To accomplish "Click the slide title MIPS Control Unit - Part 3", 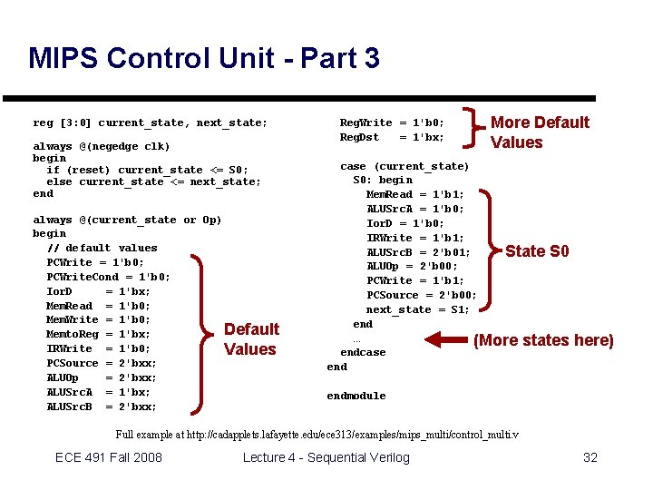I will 204,59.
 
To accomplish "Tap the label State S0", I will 537,251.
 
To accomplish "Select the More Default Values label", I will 540,132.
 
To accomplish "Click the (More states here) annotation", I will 543,340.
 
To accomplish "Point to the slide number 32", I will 590,457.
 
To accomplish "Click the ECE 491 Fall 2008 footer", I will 109,457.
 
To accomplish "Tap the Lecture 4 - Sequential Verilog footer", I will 326,457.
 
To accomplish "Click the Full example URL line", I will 318,435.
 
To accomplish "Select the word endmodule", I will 356,396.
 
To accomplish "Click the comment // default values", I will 102,248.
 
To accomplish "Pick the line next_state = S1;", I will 418,309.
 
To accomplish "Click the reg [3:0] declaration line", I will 151,122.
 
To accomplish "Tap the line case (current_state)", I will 404,166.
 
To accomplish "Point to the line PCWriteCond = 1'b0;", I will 109,277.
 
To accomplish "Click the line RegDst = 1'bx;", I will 392,137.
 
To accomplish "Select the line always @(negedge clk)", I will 102,146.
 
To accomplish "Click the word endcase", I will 363,352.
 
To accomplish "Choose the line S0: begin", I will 383,180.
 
